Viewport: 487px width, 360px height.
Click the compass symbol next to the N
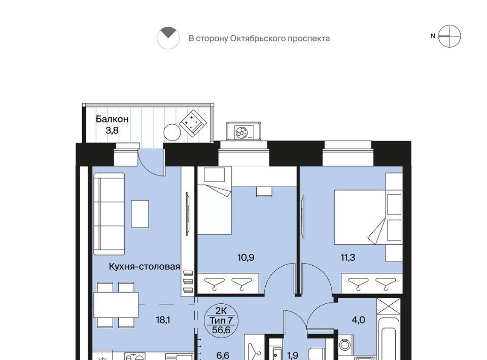point(449,37)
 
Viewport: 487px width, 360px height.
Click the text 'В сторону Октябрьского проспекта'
point(259,39)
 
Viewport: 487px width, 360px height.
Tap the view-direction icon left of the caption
point(168,38)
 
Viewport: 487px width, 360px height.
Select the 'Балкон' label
point(112,119)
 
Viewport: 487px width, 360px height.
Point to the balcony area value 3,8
point(112,130)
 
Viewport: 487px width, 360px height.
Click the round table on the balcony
point(172,133)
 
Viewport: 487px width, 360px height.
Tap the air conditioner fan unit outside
point(244,131)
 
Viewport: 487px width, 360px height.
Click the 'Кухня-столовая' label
point(145,267)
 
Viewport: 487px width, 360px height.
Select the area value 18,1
point(163,319)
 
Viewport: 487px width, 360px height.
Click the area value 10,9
point(246,257)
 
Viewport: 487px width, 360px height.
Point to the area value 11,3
point(348,257)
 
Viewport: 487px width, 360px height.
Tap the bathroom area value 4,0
point(358,319)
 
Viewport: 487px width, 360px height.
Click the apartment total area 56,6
point(221,330)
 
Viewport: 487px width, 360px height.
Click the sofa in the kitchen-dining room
point(109,214)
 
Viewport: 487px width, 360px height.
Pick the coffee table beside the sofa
point(140,214)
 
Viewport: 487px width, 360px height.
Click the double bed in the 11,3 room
point(360,217)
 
